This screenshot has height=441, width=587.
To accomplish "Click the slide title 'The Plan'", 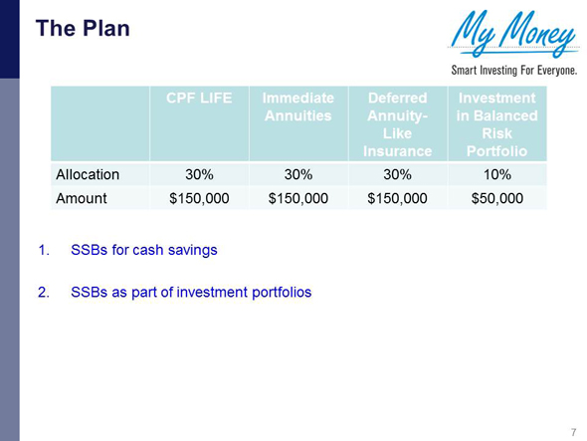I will coord(83,29).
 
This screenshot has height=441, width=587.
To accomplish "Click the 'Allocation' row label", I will coord(88,174).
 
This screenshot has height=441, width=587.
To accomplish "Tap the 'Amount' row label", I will coord(81,198).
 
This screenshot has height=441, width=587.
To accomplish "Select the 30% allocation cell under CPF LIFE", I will coord(197,174).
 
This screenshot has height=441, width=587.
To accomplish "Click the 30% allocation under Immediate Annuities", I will coord(297,174).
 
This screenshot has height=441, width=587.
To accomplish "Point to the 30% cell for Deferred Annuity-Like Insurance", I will coord(397,174).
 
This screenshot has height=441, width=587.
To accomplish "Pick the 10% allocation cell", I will coord(496,174).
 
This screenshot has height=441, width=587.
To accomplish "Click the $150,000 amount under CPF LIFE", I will coord(197,198).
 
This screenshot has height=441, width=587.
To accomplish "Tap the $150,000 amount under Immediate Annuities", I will coord(297,198).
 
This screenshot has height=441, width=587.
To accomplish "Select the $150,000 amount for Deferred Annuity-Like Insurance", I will coord(397,198).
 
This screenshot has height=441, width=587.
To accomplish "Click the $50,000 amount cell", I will coord(496,198).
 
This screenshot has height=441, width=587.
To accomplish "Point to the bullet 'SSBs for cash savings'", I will coord(143,250).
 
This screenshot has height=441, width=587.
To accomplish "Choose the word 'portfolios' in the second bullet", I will coord(279,293).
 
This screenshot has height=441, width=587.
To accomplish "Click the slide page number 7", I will coord(574,431).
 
